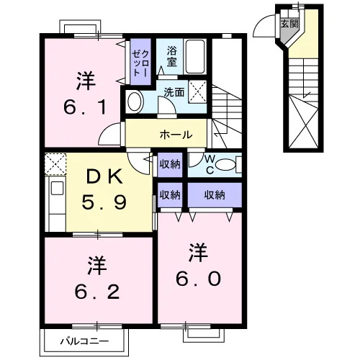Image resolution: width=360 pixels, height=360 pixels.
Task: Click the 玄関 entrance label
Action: pos(289,24)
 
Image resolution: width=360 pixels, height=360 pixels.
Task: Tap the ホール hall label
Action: pos(176,135)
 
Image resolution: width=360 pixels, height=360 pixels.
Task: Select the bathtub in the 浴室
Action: pos(195,57)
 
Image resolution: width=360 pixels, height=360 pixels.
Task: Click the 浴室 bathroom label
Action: pos(172,56)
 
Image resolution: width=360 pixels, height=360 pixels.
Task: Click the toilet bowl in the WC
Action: pos(225,165)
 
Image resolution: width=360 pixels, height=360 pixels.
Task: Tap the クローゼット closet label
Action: pos(141,63)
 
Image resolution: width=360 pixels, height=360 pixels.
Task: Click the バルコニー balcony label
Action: pos(84,341)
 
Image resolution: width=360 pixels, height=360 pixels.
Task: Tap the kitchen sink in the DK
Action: pos(57,188)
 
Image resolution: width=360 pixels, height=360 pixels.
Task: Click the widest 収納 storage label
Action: pos(215,195)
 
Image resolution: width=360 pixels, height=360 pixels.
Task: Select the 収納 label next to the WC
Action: pos(170,164)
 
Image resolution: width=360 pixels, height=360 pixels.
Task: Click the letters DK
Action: pos(105,178)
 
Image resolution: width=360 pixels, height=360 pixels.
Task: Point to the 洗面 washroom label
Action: pos(174,92)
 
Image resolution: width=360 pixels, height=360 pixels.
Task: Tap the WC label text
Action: pos(210,164)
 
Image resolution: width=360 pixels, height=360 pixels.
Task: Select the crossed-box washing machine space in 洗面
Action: pos(197,91)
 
